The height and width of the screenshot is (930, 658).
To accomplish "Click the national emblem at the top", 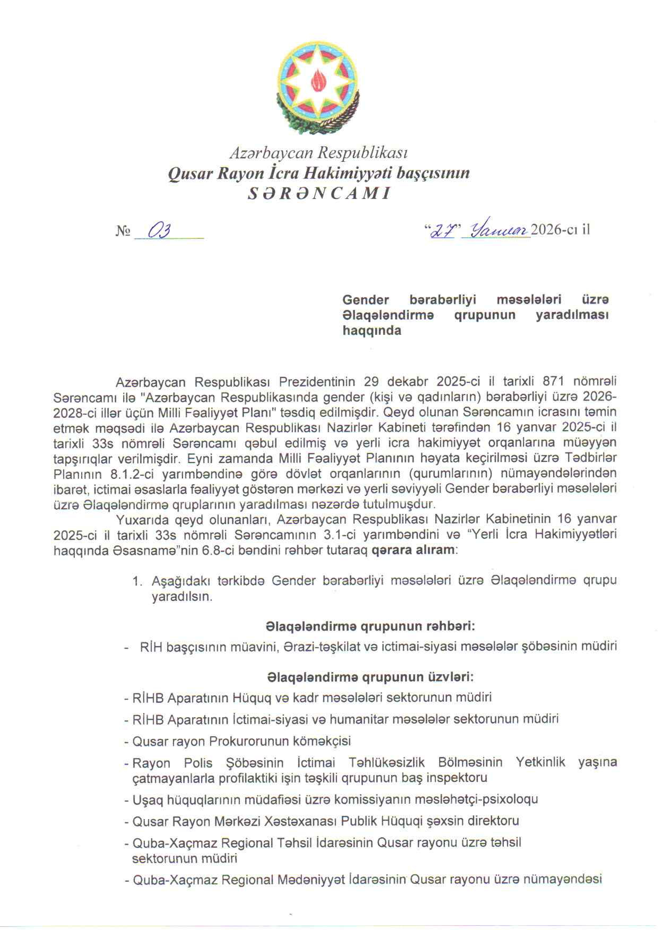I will [318, 83].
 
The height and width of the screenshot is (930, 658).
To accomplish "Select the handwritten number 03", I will [159, 231].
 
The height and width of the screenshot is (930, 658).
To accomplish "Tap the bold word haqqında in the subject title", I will [371, 331].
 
